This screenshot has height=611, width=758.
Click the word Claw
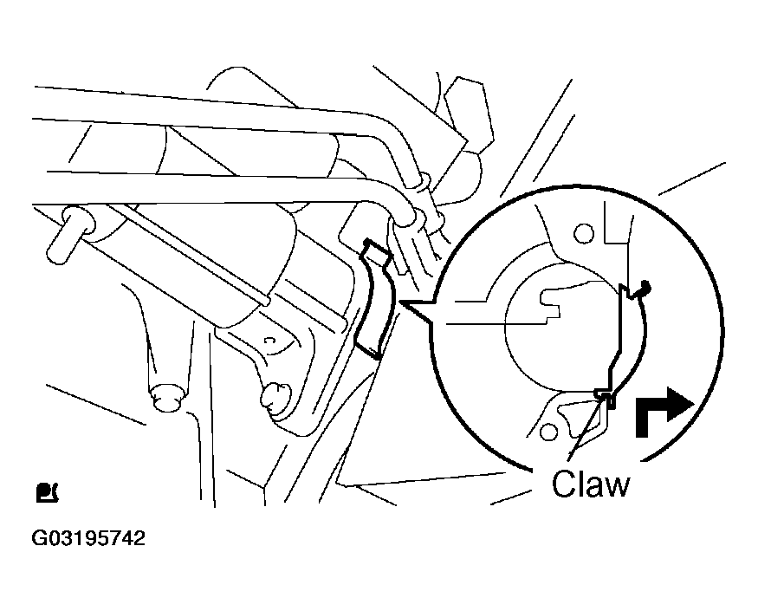click(x=591, y=484)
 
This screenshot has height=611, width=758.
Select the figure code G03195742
click(x=88, y=538)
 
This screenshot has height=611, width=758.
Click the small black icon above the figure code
click(x=47, y=492)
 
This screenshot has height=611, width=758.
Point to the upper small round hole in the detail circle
click(x=584, y=234)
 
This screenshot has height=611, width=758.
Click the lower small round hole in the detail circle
click(x=547, y=431)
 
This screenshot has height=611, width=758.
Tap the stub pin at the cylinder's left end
click(x=70, y=235)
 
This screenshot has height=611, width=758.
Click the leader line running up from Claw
click(x=586, y=426)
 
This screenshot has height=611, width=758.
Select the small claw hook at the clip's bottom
click(x=606, y=396)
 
